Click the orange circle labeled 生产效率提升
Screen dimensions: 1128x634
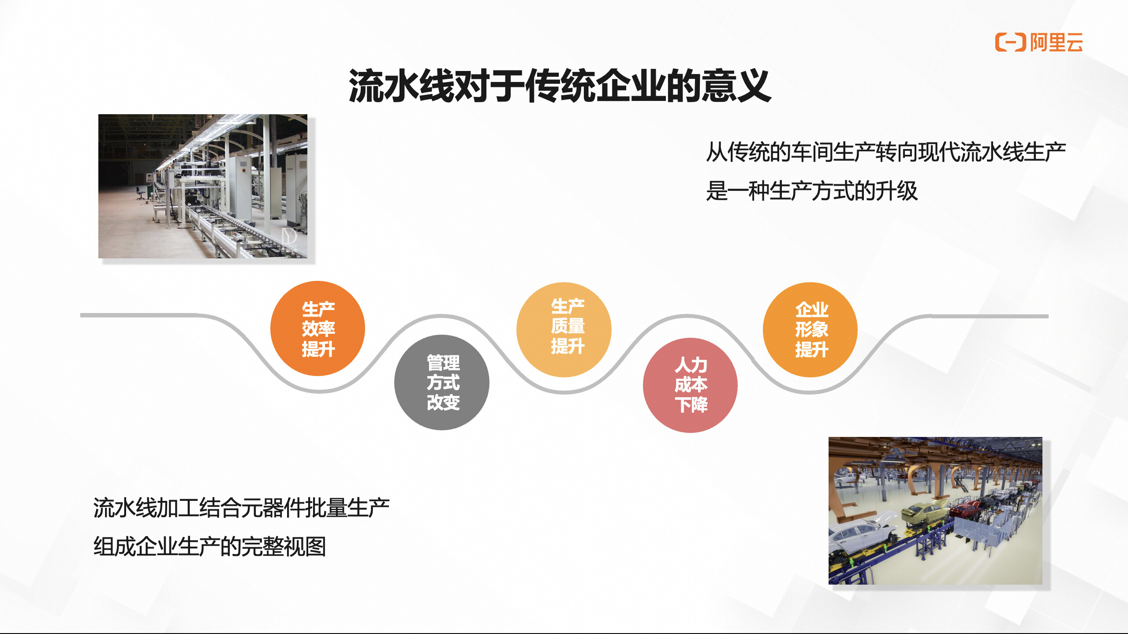(317, 328)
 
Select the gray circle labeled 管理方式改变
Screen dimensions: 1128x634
(442, 382)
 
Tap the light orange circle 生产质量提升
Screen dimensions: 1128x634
(564, 329)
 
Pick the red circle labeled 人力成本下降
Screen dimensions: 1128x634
(690, 385)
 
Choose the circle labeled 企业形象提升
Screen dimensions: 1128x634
(810, 329)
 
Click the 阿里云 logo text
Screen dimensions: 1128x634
(1056, 43)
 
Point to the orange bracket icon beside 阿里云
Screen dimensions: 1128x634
(1010, 42)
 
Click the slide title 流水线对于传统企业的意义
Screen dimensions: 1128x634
(560, 86)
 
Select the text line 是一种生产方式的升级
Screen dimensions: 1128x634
(812, 191)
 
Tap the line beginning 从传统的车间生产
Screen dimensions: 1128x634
(886, 152)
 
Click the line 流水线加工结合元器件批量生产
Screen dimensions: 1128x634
(241, 507)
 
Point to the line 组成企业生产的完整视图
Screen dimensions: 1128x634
(209, 547)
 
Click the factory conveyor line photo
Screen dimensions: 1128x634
(203, 186)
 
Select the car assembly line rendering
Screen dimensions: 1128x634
(935, 511)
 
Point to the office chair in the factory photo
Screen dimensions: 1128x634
(141, 193)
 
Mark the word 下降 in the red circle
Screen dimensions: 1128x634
(691, 405)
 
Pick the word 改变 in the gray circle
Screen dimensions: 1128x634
(443, 402)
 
